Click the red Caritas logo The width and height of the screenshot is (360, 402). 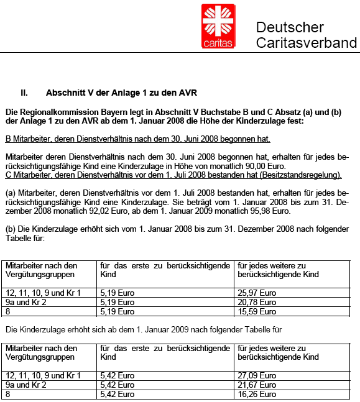(x=218, y=25)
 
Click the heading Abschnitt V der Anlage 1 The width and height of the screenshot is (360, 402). (x=121, y=93)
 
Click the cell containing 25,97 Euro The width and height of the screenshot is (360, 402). (x=257, y=292)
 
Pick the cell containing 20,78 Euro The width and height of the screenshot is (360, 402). (x=257, y=301)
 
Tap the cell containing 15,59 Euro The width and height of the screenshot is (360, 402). (x=257, y=311)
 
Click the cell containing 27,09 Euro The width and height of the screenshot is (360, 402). (x=257, y=375)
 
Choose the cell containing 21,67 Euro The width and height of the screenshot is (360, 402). (x=257, y=385)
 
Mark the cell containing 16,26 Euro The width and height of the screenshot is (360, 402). (x=257, y=394)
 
